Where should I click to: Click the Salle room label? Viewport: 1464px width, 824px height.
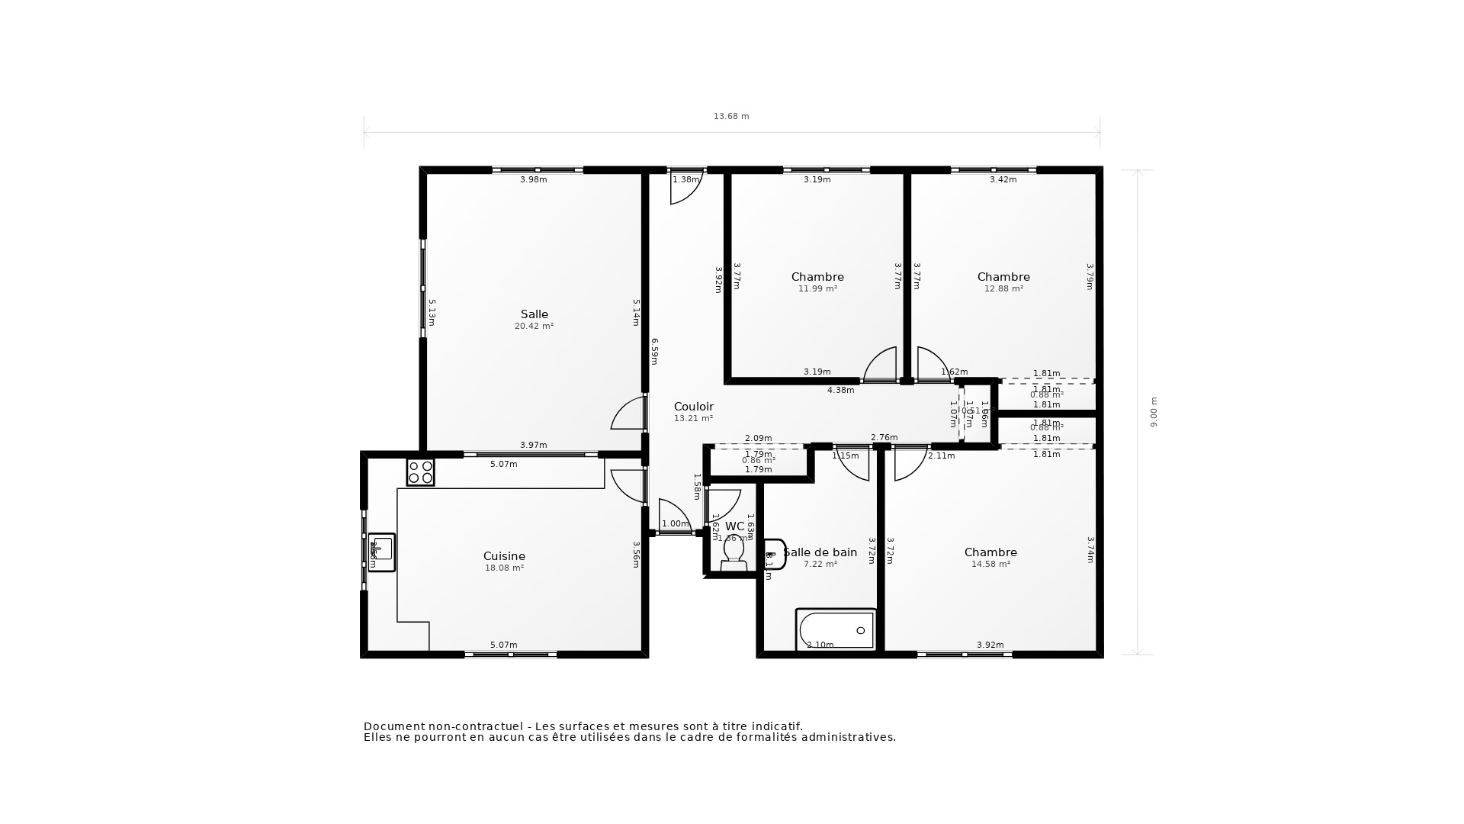(534, 314)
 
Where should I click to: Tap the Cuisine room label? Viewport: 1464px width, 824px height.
(504, 556)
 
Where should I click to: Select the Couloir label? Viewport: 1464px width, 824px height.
(693, 407)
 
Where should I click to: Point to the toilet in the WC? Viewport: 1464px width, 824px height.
(734, 552)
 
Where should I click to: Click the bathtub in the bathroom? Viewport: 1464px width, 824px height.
(836, 630)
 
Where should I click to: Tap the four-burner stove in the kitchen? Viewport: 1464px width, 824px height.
(420, 472)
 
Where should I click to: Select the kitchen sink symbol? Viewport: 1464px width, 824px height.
(382, 552)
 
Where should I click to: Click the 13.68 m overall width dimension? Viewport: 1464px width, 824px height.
(730, 117)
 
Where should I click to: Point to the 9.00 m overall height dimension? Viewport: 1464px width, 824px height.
(1153, 412)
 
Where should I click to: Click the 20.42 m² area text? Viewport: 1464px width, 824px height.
(534, 327)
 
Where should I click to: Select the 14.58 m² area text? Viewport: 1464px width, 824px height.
(990, 565)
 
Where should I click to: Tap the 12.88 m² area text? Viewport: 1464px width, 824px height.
(1003, 289)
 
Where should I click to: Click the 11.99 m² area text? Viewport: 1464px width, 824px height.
(817, 289)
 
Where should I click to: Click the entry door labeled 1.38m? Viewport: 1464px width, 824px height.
(685, 188)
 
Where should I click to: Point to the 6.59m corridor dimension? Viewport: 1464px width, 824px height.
(654, 351)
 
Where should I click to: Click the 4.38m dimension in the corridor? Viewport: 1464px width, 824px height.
(840, 391)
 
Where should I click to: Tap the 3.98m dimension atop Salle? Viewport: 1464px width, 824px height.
(533, 180)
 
